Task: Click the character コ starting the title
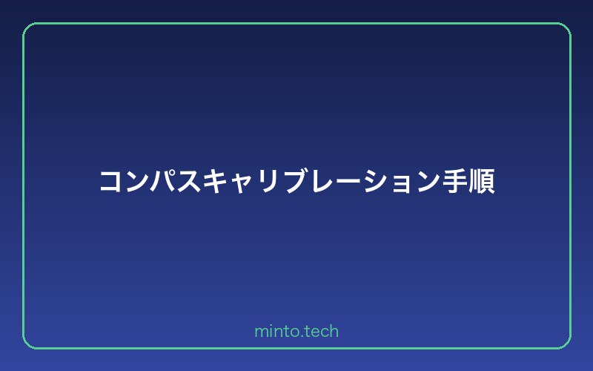click(x=112, y=183)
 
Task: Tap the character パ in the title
click(x=165, y=183)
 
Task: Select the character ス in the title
click(x=191, y=183)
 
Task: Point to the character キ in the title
click(x=218, y=183)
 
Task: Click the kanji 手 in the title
click(x=454, y=183)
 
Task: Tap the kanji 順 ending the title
click(x=481, y=183)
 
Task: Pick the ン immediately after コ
click(x=138, y=183)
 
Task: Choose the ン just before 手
click(x=428, y=183)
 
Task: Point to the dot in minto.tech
click(x=301, y=336)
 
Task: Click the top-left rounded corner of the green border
click(x=27, y=27)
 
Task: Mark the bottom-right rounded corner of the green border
click(x=566, y=344)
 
